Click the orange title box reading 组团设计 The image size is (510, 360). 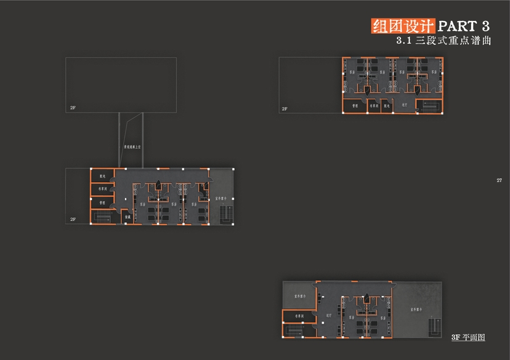(403, 26)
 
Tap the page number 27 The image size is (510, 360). (499, 180)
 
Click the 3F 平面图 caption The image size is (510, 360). (468, 337)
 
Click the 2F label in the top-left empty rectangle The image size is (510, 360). (73, 108)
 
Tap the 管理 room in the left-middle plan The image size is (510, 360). (103, 202)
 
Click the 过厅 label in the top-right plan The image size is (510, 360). (405, 105)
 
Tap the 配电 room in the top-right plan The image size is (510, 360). (387, 106)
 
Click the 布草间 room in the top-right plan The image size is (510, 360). (373, 106)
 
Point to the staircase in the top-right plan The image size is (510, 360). (429, 106)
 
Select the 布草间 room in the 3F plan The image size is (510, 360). (300, 316)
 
